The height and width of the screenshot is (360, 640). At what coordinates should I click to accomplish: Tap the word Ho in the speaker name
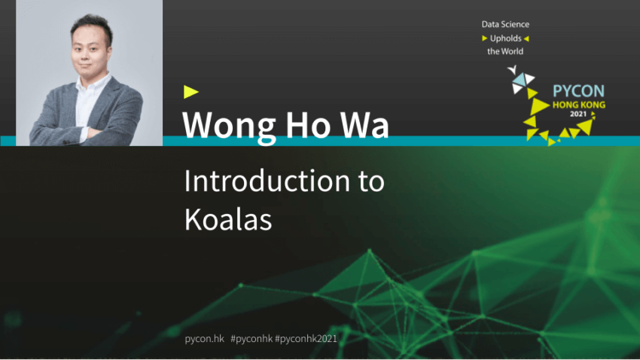click(308, 124)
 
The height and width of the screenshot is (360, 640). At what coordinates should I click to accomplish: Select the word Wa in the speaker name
click(364, 124)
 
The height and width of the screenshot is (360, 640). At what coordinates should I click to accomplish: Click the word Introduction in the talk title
click(267, 181)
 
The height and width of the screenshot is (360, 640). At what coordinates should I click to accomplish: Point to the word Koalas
click(228, 219)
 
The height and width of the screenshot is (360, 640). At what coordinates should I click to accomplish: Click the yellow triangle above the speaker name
click(190, 92)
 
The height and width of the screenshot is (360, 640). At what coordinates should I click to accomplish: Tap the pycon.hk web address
click(205, 339)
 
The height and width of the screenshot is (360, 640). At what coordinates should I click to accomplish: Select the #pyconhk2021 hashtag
click(306, 339)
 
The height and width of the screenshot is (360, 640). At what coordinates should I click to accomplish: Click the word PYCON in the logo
click(578, 91)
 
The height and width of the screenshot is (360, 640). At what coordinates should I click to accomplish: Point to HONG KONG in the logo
click(579, 105)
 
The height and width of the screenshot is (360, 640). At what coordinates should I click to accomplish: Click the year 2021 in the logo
click(578, 114)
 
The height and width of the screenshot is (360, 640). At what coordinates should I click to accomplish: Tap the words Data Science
click(505, 25)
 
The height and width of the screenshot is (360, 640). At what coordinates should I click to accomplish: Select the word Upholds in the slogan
click(506, 38)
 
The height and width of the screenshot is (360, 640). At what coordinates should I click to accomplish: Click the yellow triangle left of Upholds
click(484, 38)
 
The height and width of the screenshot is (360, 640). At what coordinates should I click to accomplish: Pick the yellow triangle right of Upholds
click(526, 38)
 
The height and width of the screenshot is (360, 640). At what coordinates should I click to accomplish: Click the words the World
click(505, 51)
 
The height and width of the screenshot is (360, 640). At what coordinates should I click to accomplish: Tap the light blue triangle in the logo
click(520, 80)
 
